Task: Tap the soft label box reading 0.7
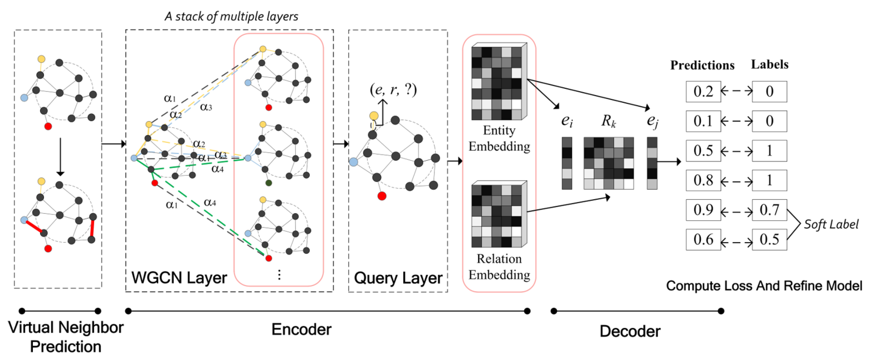[x=769, y=210]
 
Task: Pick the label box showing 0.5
[x=769, y=240]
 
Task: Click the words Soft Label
[x=831, y=224]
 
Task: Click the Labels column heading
[x=769, y=65]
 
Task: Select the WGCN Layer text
[x=179, y=278]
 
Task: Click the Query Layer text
[x=398, y=278]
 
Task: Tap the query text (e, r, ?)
[x=393, y=90]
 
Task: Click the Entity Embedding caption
[x=499, y=138]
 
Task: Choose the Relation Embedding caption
[x=499, y=267]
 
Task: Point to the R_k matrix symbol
[x=608, y=121]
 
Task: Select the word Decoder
[x=629, y=331]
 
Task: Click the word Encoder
[x=301, y=329]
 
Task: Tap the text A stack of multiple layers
[x=231, y=16]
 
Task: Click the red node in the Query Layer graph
[x=382, y=196]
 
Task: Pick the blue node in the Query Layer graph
[x=353, y=162]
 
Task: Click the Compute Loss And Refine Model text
[x=764, y=286]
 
